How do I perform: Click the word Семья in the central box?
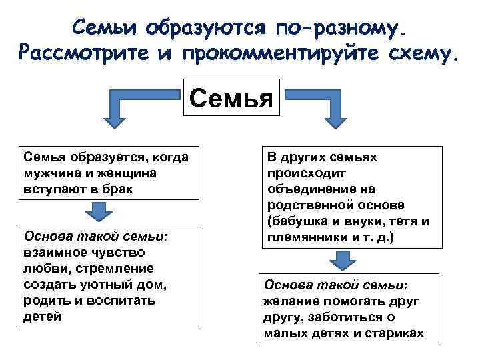pyautogui.click(x=231, y=99)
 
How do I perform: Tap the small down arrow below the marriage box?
pyautogui.click(x=99, y=211)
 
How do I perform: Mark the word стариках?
pyautogui.click(x=395, y=333)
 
